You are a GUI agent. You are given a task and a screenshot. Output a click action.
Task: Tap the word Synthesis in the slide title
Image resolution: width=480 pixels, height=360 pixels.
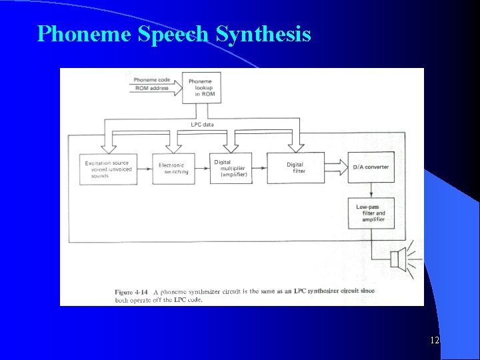[x=263, y=33]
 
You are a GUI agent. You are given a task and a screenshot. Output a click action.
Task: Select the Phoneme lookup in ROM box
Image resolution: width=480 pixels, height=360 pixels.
[x=202, y=87]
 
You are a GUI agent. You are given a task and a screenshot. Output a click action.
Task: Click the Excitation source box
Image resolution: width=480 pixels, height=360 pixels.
[x=109, y=169]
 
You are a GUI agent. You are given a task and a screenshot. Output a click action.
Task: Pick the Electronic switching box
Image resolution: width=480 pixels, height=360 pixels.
[x=173, y=169]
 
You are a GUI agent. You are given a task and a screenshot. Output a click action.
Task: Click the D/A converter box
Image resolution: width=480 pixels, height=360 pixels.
[x=371, y=167]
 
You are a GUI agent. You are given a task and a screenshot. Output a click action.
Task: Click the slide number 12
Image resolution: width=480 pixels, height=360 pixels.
[x=435, y=341]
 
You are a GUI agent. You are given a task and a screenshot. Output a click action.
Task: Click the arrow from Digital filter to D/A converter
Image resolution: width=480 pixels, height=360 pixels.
[x=337, y=167]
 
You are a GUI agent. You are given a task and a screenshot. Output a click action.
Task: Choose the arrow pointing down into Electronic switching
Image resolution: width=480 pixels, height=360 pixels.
[x=173, y=143]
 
